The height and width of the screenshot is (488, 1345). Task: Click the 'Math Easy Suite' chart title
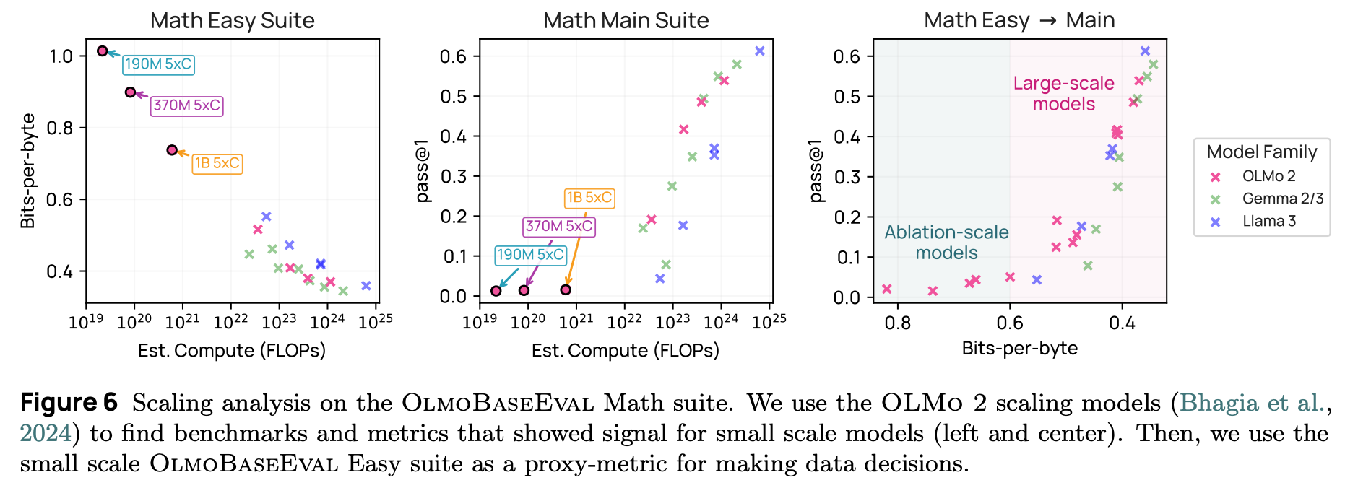pyautogui.click(x=232, y=21)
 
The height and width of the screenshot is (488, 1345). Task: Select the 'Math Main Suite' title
pyautogui.click(x=626, y=21)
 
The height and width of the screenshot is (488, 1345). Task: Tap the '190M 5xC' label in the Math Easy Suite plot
pyautogui.click(x=158, y=64)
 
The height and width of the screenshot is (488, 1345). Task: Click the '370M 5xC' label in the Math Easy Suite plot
pyautogui.click(x=186, y=105)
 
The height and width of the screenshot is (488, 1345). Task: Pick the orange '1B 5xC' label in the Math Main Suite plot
pyautogui.click(x=589, y=198)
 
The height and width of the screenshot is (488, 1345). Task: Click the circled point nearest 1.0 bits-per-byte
pyautogui.click(x=103, y=51)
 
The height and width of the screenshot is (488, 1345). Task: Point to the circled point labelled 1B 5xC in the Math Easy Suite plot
pyautogui.click(x=172, y=150)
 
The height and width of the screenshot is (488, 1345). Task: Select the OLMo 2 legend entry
pyautogui.click(x=1268, y=176)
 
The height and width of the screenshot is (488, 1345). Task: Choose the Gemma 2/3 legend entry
pyautogui.click(x=1282, y=199)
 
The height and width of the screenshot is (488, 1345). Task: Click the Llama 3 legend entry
pyautogui.click(x=1268, y=221)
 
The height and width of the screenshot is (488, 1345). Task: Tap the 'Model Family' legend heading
pyautogui.click(x=1261, y=152)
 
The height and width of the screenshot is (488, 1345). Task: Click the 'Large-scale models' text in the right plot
pyautogui.click(x=1063, y=94)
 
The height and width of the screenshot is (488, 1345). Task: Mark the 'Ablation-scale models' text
pyautogui.click(x=946, y=243)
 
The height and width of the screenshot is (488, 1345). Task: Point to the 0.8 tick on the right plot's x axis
pyautogui.click(x=898, y=323)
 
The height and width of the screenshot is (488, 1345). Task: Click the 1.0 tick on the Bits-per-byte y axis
pyautogui.click(x=61, y=56)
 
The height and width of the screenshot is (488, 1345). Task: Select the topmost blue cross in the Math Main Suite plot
pyautogui.click(x=759, y=51)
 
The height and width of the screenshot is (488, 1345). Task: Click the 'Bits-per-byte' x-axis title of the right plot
pyautogui.click(x=1019, y=349)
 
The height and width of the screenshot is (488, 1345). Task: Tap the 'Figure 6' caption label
pyautogui.click(x=69, y=403)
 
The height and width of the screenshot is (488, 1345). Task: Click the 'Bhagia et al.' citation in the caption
pyautogui.click(x=1255, y=403)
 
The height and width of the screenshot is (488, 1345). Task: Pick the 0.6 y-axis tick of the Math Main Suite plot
pyautogui.click(x=454, y=56)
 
